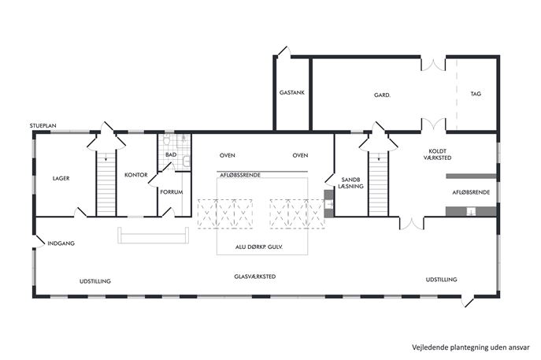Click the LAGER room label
pyautogui.click(x=61, y=179)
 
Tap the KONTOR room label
pyautogui.click(x=136, y=175)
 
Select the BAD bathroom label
pyautogui.click(x=171, y=154)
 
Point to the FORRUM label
pyautogui.click(x=171, y=192)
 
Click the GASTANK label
pyautogui.click(x=292, y=92)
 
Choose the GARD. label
pyautogui.click(x=382, y=95)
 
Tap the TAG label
pyautogui.click(x=476, y=94)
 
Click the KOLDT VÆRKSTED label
pyautogui.click(x=438, y=154)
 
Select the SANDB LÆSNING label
pyautogui.click(x=351, y=183)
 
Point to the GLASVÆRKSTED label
pyautogui.click(x=255, y=276)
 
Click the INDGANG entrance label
pyautogui.click(x=61, y=243)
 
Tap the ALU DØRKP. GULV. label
pyautogui.click(x=259, y=247)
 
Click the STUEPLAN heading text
pyautogui.click(x=43, y=125)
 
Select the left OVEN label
pyautogui.click(x=228, y=155)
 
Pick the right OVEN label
pyautogui.click(x=300, y=155)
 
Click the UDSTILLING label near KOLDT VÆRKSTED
pyautogui.click(x=441, y=279)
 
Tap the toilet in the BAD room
pyautogui.click(x=167, y=139)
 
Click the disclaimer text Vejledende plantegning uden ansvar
pyautogui.click(x=471, y=347)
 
